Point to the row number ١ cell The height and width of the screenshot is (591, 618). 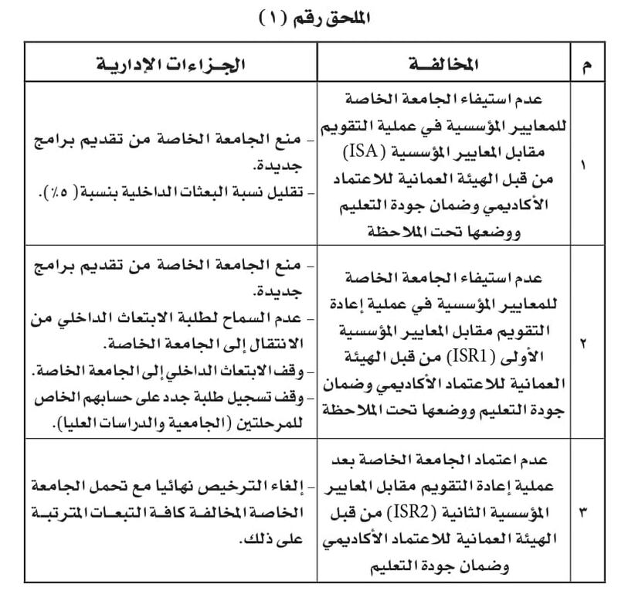pyautogui.click(x=584, y=165)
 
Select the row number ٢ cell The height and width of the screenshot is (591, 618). pyautogui.click(x=584, y=341)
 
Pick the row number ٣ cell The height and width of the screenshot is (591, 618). pyautogui.click(x=584, y=512)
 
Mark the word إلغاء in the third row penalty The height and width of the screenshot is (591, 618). pyautogui.click(x=286, y=485)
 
